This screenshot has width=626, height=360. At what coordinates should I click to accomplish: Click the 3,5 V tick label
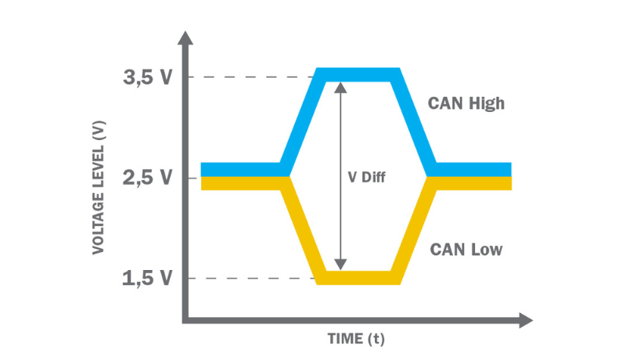(x=146, y=77)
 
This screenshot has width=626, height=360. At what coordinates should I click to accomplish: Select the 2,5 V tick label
(x=146, y=178)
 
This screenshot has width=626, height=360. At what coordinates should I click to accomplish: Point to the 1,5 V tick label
(x=146, y=279)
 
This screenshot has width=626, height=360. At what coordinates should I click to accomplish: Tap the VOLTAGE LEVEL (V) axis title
(x=99, y=189)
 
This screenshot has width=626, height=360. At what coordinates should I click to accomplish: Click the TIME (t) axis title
(x=356, y=340)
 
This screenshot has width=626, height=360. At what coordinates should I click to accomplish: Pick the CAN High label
(x=466, y=103)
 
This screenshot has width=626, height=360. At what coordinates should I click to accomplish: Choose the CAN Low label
(x=466, y=250)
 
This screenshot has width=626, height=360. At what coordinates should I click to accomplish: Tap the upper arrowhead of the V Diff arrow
(x=340, y=87)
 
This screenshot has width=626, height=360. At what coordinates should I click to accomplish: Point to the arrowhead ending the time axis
(x=525, y=320)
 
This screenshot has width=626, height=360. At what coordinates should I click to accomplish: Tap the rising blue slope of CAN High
(x=300, y=121)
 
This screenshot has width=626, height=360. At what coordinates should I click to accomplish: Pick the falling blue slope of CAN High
(x=416, y=121)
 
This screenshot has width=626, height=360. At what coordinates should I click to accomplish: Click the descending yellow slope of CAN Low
(x=300, y=230)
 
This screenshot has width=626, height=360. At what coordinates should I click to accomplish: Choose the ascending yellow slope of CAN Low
(x=414, y=230)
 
